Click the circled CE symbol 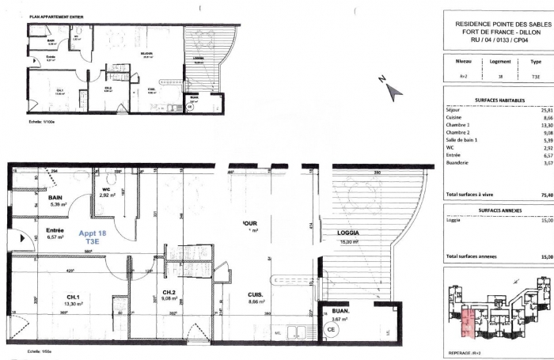click(x=332, y=328)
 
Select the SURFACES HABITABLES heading click(x=496, y=100)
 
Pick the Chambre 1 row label click(x=458, y=125)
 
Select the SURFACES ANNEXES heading click(x=496, y=211)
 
